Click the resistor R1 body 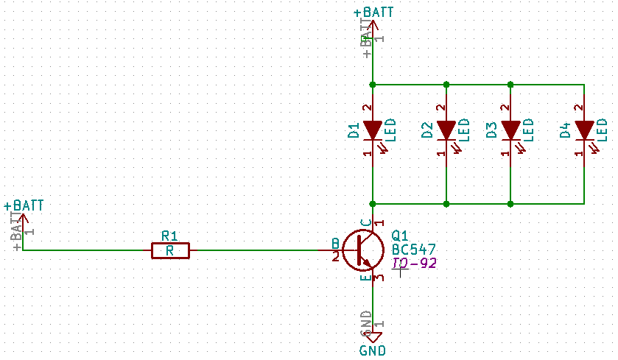170,251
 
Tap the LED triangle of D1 373,130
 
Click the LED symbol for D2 446,130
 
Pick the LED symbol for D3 510,130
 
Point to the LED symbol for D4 584,130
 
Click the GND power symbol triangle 373,337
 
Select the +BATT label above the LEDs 373,13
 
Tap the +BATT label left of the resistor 23,205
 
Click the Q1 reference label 400,236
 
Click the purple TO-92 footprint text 414,263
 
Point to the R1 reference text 169,236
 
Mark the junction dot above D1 373,85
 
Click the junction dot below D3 510,202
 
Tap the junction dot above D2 446,85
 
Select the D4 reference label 565,131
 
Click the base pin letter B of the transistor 335,244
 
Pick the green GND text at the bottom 373,351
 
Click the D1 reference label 354,131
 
